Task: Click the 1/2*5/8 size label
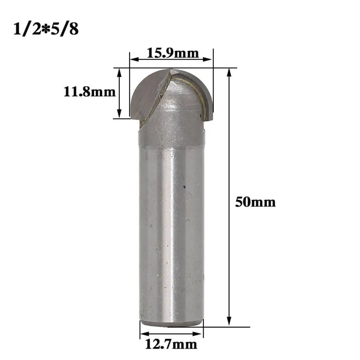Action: [46, 29]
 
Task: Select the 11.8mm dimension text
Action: [90, 92]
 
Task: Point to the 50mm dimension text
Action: [256, 202]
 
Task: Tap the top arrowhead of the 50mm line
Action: [229, 72]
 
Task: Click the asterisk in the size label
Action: [45, 30]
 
